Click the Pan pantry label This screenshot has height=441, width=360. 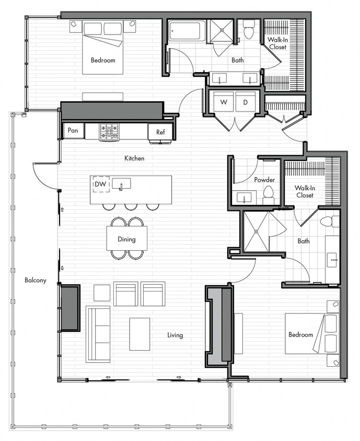[73, 131]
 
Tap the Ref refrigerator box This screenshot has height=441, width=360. [160, 132]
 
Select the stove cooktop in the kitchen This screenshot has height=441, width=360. [109, 131]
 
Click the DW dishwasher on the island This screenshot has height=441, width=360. [100, 184]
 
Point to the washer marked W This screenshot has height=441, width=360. [224, 102]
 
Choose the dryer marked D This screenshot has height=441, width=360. [246, 102]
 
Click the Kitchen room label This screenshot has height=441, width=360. [134, 158]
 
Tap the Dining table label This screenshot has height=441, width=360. [126, 239]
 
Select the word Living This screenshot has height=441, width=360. [175, 335]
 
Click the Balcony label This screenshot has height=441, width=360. [36, 280]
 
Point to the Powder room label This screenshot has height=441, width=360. [264, 180]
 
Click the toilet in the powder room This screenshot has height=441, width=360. [269, 195]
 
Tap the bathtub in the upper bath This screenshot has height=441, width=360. [187, 31]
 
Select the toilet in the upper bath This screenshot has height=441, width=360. [249, 30]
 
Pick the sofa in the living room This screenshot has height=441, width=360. [98, 333]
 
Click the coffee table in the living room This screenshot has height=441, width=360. [140, 334]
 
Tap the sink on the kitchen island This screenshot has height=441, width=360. [122, 183]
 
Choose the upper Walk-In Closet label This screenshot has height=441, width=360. [277, 43]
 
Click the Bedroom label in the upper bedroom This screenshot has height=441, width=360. [103, 60]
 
